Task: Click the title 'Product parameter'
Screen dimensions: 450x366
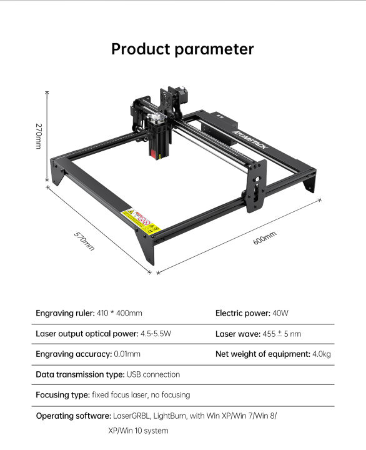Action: tap(182, 49)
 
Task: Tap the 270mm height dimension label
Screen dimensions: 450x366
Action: tap(38, 136)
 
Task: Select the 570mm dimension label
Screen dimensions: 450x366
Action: tap(84, 241)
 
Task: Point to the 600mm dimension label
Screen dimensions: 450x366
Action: tap(264, 237)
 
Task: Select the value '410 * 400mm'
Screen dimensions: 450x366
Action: tap(120, 313)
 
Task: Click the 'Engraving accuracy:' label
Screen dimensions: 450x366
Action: tap(74, 354)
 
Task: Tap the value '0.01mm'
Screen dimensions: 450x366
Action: tap(127, 354)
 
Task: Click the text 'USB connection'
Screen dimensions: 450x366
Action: tap(153, 374)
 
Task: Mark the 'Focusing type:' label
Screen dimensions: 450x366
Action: tap(62, 395)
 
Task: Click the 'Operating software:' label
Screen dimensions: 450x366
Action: tap(73, 416)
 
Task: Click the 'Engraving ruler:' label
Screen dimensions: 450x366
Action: tap(66, 313)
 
